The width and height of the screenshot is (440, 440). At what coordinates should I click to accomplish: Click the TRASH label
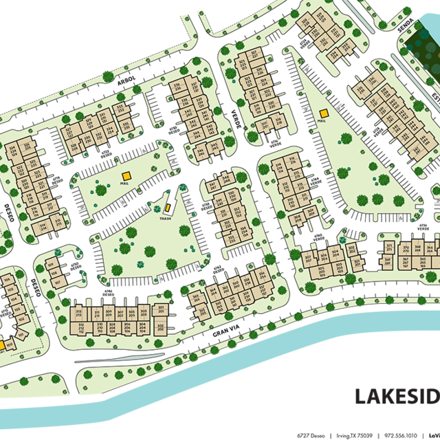(x=165, y=219)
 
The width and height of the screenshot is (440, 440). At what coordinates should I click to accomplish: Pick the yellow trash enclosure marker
(x=166, y=208)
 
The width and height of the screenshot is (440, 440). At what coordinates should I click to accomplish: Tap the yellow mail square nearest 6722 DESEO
(x=125, y=176)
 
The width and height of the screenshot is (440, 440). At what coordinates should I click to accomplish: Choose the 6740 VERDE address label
(x=318, y=236)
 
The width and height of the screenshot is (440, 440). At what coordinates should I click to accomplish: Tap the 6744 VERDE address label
(x=316, y=182)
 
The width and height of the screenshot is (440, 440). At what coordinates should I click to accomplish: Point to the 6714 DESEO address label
(x=56, y=180)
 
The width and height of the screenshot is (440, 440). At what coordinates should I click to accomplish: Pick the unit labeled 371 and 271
(x=388, y=250)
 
